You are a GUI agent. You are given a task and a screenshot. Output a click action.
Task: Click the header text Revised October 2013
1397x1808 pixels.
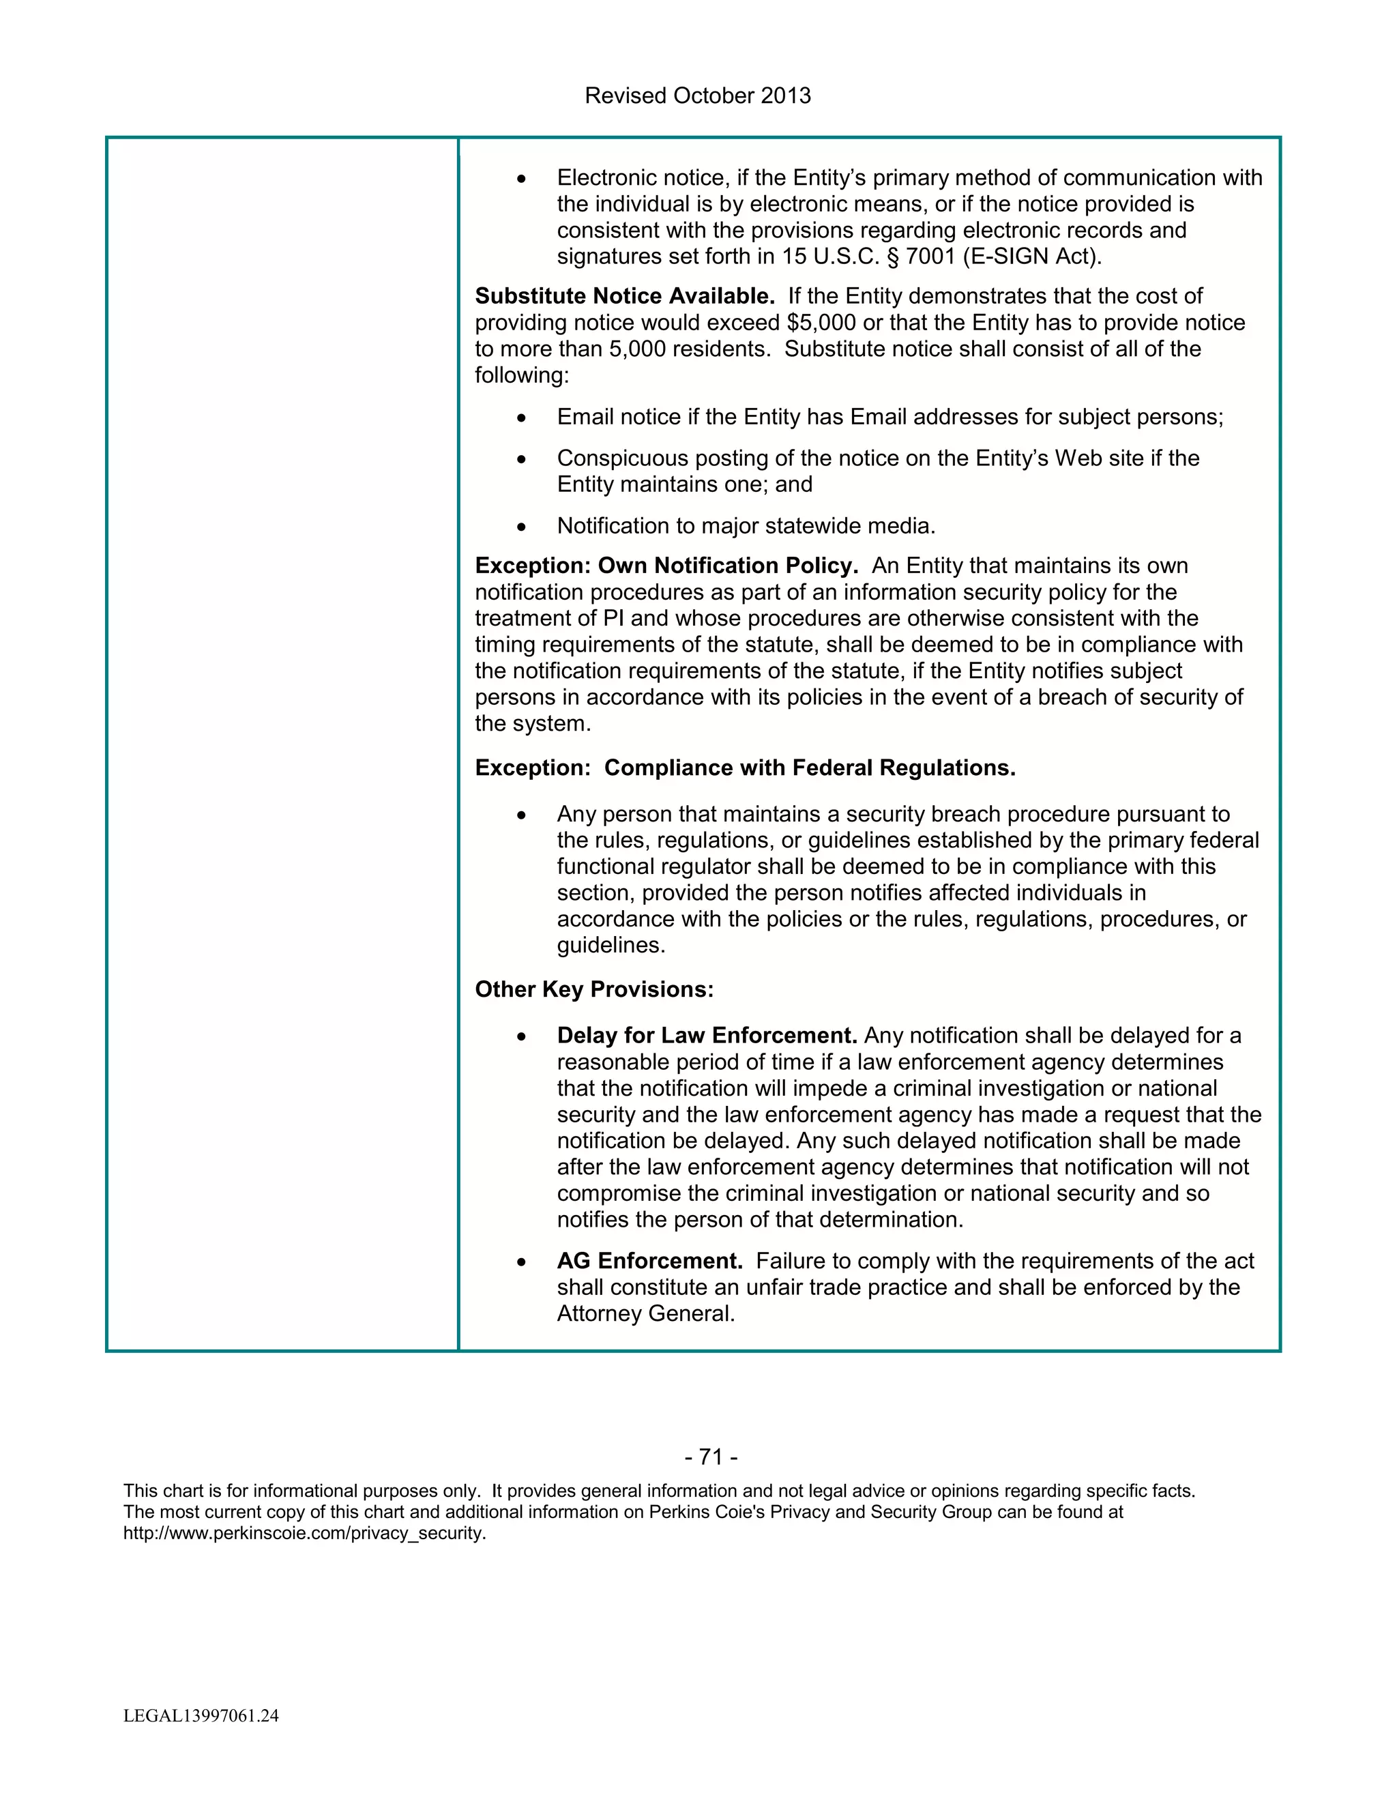coord(698,96)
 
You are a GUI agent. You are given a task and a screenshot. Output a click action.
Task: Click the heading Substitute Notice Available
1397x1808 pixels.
coord(624,296)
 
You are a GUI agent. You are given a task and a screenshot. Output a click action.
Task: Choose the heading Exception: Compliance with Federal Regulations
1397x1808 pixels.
coord(745,768)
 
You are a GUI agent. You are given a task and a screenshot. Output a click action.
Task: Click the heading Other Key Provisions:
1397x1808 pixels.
coord(593,990)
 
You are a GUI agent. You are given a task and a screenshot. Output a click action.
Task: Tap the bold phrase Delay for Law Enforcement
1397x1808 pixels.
coord(707,1036)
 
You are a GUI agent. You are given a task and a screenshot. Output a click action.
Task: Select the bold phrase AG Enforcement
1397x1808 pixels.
coord(649,1262)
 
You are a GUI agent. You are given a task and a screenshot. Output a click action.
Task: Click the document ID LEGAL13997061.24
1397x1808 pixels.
coord(201,1716)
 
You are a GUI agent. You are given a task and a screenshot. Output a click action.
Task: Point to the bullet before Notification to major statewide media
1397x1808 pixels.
coord(520,527)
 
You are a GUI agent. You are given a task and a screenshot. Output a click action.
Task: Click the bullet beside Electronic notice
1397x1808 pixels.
coord(520,179)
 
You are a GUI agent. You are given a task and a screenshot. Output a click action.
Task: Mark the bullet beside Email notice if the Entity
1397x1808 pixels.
coord(520,418)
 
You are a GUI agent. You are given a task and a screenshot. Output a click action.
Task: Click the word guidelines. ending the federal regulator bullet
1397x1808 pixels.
coord(611,946)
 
